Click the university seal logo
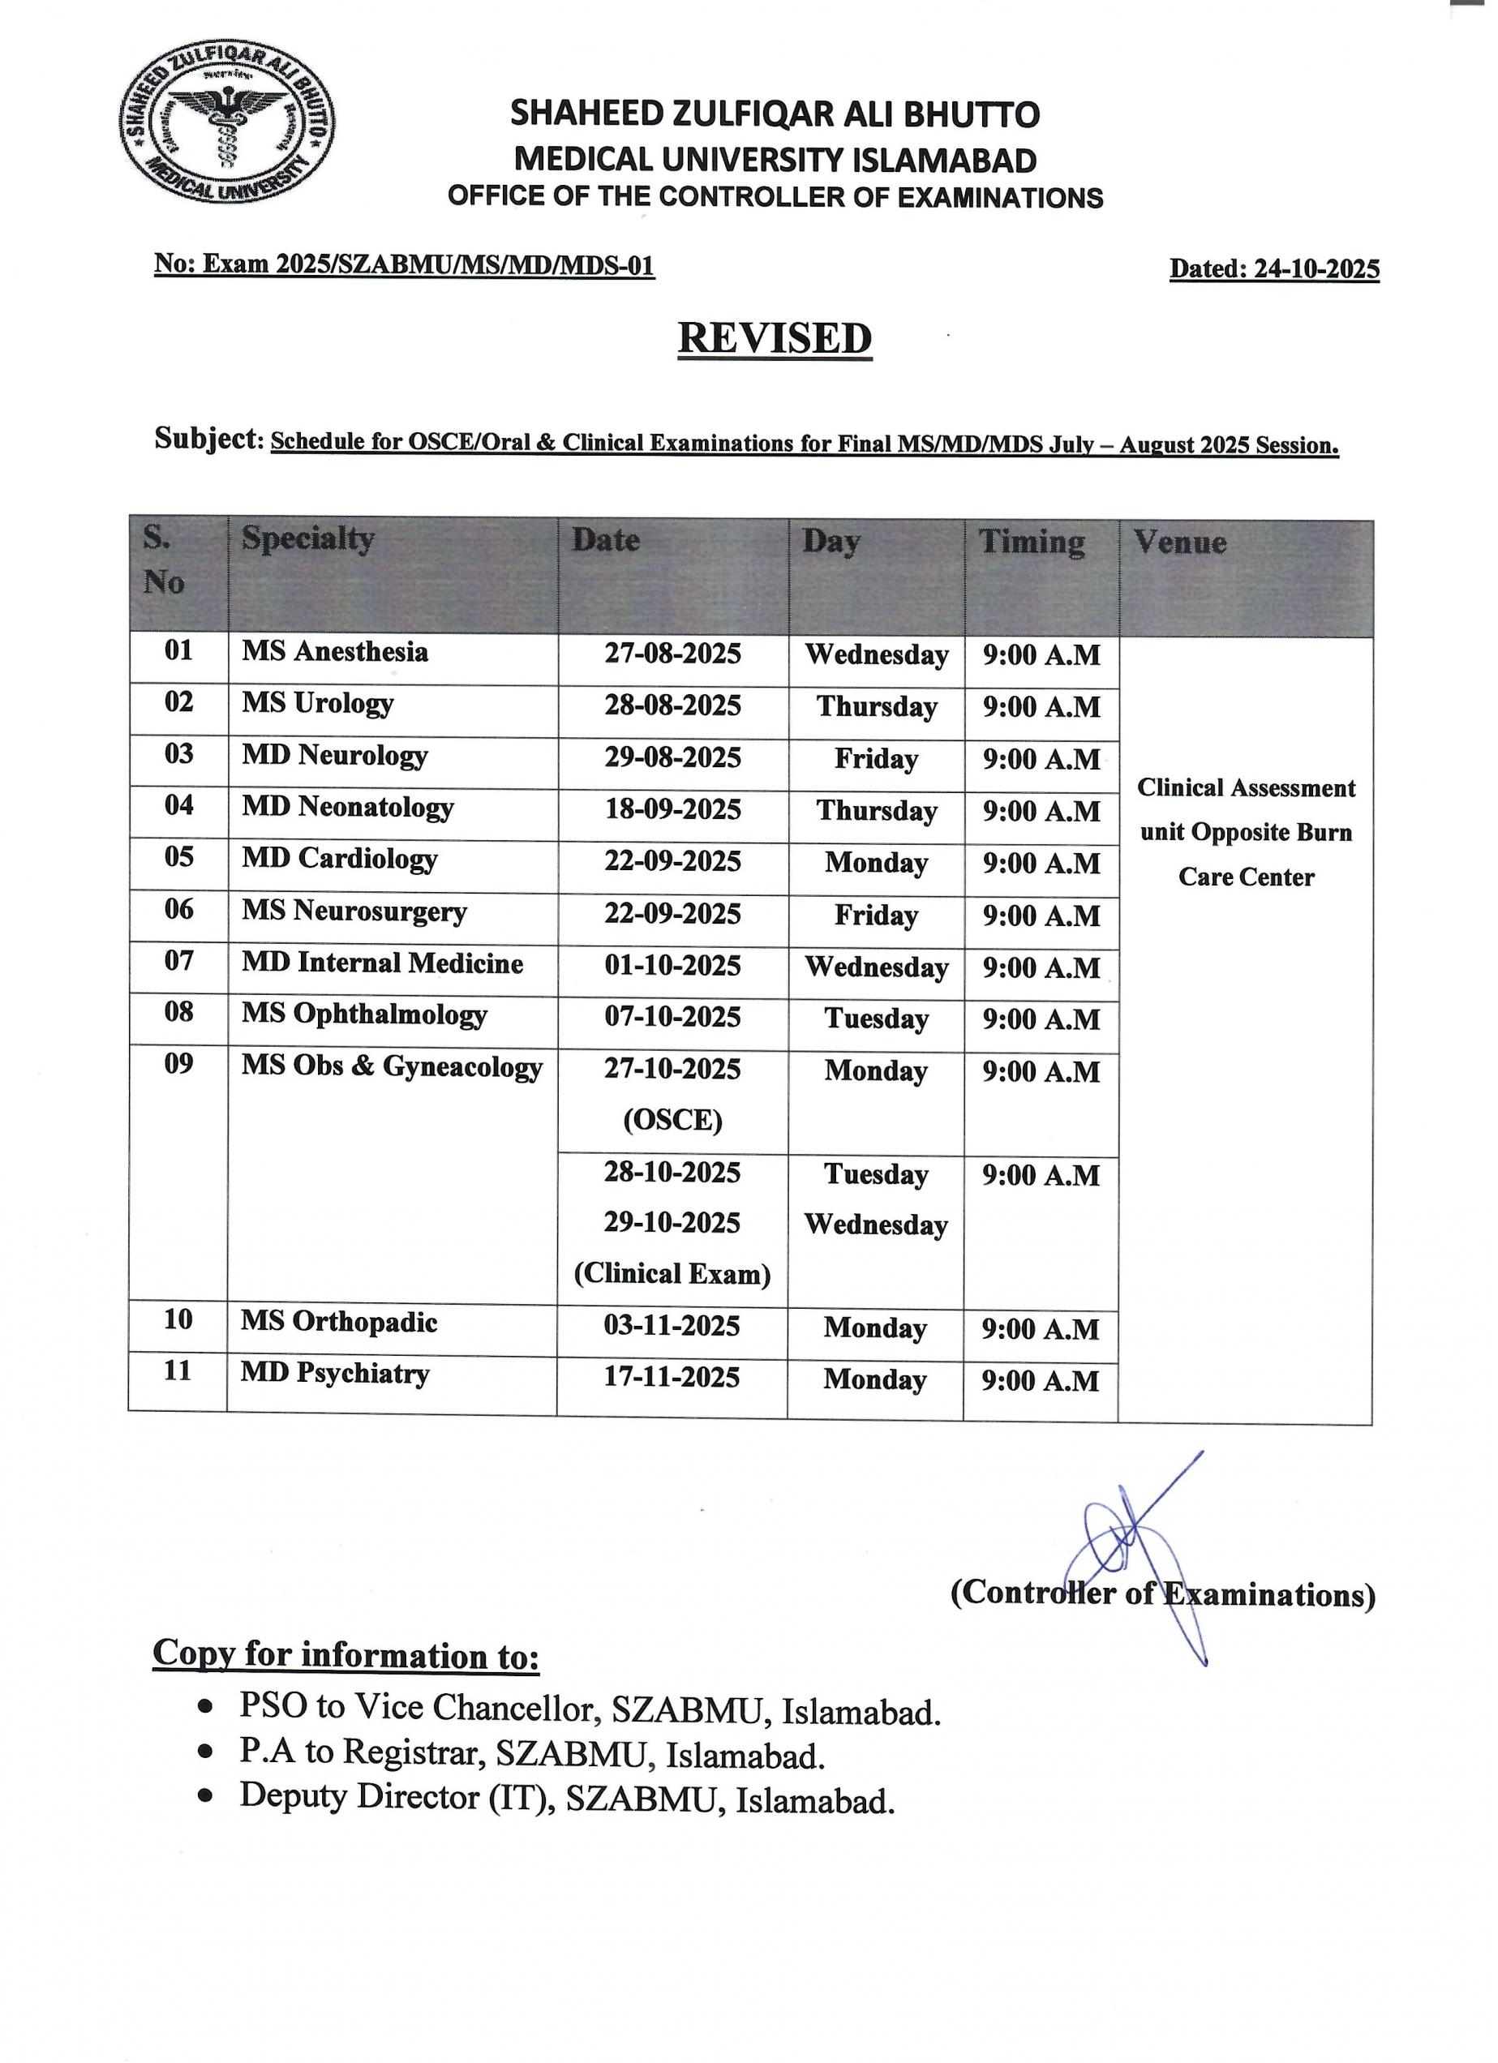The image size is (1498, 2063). tap(226, 128)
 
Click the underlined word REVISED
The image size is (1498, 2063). tap(775, 338)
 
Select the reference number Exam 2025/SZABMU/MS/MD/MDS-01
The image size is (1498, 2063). tap(427, 264)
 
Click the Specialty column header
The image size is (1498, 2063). tap(307, 539)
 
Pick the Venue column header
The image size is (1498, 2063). tap(1179, 543)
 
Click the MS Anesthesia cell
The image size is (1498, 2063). tap(335, 652)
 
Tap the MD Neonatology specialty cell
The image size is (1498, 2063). tap(347, 808)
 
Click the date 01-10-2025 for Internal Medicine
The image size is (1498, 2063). tap(673, 966)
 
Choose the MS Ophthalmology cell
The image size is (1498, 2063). tap(364, 1016)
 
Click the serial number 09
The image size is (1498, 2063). tap(178, 1063)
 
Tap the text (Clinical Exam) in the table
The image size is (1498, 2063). tap(672, 1274)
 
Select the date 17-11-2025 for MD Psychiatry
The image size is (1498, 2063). tap(672, 1378)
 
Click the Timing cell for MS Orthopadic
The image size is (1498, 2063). tap(1041, 1330)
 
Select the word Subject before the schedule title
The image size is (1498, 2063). tap(207, 439)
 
